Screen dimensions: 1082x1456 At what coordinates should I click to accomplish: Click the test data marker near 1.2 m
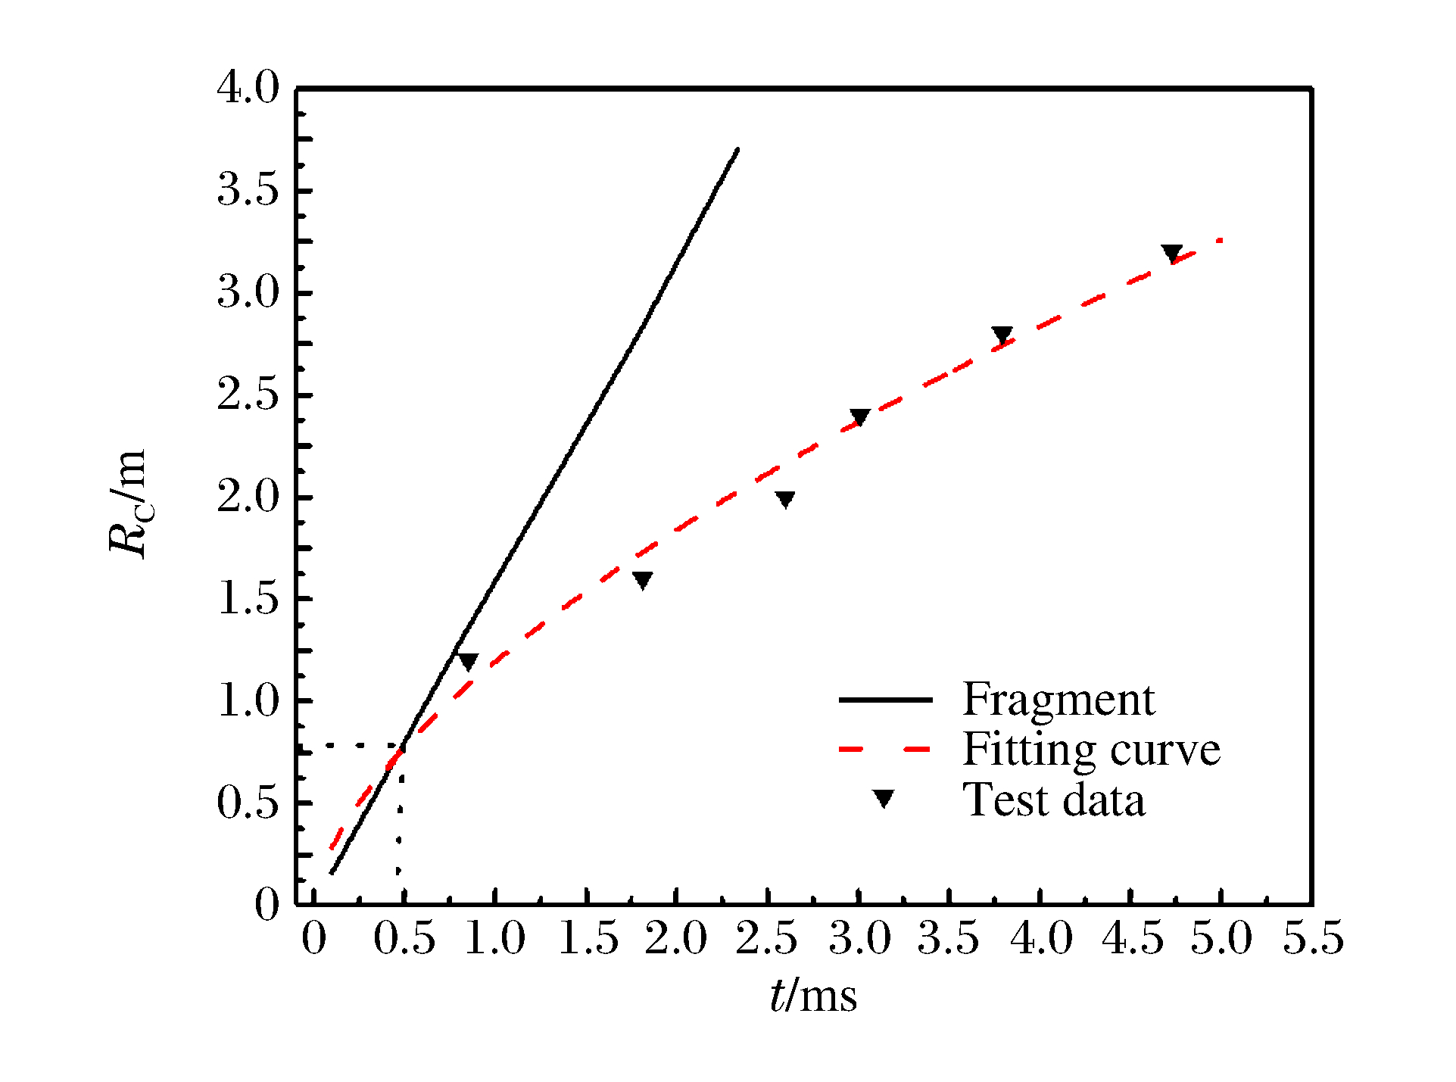pos(468,661)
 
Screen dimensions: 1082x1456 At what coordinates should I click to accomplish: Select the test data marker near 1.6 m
pos(642,580)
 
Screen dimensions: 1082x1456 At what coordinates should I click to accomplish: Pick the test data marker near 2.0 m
pos(785,499)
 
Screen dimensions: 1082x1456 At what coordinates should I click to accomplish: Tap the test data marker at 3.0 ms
pos(859,417)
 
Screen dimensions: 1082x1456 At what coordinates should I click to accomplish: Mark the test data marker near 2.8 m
pos(1002,335)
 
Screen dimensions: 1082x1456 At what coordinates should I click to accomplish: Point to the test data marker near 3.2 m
pos(1171,254)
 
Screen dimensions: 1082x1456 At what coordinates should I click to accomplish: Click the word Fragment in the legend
pos(1058,699)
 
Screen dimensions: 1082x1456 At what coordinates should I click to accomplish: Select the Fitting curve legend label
pos(1091,750)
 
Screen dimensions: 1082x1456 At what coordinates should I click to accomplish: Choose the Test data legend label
pos(1053,800)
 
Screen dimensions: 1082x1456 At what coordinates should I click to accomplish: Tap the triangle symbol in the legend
pos(884,799)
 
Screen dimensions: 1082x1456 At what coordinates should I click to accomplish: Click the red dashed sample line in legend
pos(884,750)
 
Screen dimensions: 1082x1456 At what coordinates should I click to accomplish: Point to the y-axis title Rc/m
pos(127,504)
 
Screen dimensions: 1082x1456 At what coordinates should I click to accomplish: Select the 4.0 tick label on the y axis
pos(248,89)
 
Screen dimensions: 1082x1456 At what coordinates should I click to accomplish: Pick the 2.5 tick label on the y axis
pos(248,395)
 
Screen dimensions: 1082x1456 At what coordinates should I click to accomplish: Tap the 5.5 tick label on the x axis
pos(1312,940)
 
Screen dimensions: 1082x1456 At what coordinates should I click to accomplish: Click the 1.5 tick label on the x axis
pos(587,940)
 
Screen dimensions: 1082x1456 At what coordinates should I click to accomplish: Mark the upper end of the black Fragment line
pos(737,150)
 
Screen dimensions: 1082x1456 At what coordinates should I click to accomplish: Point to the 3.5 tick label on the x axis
pos(949,940)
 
